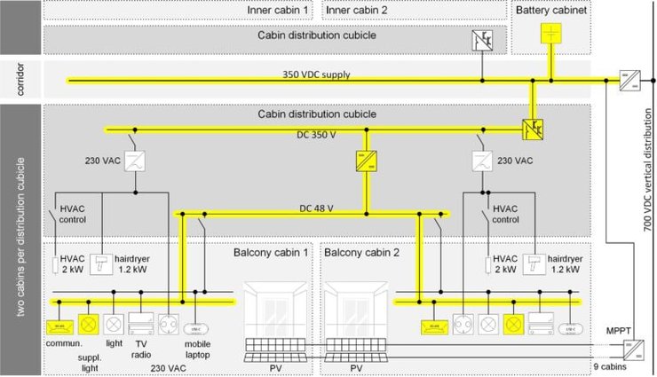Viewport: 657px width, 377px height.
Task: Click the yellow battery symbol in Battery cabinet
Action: coord(552,34)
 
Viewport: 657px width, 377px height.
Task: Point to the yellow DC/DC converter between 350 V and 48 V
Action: coord(364,162)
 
